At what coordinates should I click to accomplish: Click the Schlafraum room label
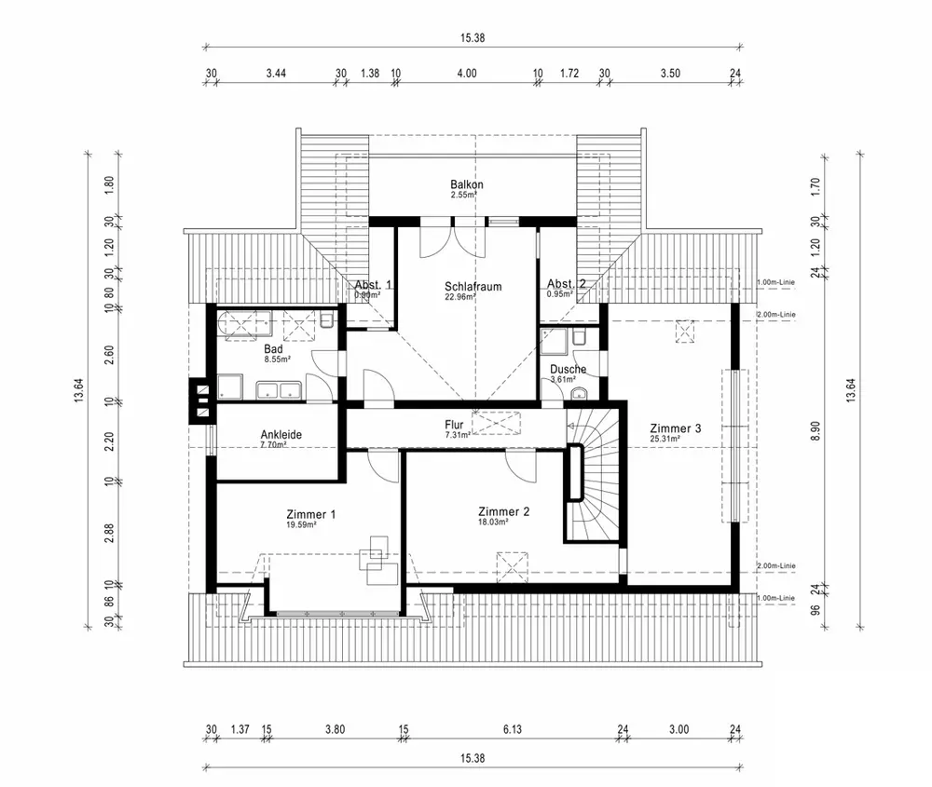point(473,286)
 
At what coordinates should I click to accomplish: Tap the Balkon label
point(466,184)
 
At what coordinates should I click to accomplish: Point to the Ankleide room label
point(281,434)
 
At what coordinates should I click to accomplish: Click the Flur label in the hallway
point(454,425)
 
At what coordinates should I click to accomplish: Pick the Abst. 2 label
point(566,284)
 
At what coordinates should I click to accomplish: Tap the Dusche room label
point(568,369)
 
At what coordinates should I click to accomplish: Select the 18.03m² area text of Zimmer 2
point(493,522)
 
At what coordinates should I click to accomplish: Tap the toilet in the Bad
point(326,320)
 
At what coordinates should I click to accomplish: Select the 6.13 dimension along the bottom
point(511,729)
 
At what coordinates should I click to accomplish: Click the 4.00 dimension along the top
point(466,72)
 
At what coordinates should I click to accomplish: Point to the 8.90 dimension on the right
point(815,431)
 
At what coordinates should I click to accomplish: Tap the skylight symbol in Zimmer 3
point(687,332)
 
